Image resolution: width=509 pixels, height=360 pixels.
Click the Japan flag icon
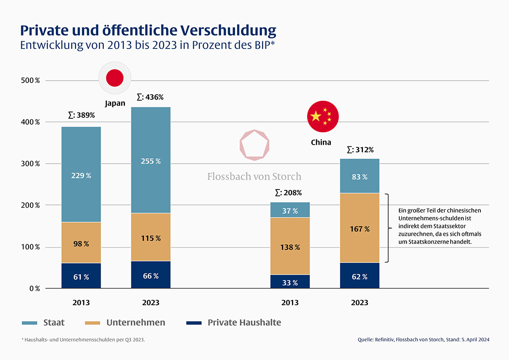(115, 78)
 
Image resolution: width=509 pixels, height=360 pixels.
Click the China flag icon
(323, 117)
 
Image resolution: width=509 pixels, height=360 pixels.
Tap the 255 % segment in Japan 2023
(150, 161)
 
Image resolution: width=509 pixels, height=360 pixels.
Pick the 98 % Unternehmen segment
(81, 243)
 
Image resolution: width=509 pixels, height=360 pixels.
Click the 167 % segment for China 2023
(359, 229)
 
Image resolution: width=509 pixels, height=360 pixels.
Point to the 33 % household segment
(290, 282)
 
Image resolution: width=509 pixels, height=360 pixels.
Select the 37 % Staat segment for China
(290, 210)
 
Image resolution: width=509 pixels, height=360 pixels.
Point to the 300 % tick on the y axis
(31, 164)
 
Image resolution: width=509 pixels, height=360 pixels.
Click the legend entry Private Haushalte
(244, 323)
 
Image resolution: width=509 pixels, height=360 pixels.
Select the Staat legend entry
(53, 323)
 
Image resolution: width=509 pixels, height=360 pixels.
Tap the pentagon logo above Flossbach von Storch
(254, 145)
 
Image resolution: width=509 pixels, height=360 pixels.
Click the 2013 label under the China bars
(290, 302)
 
